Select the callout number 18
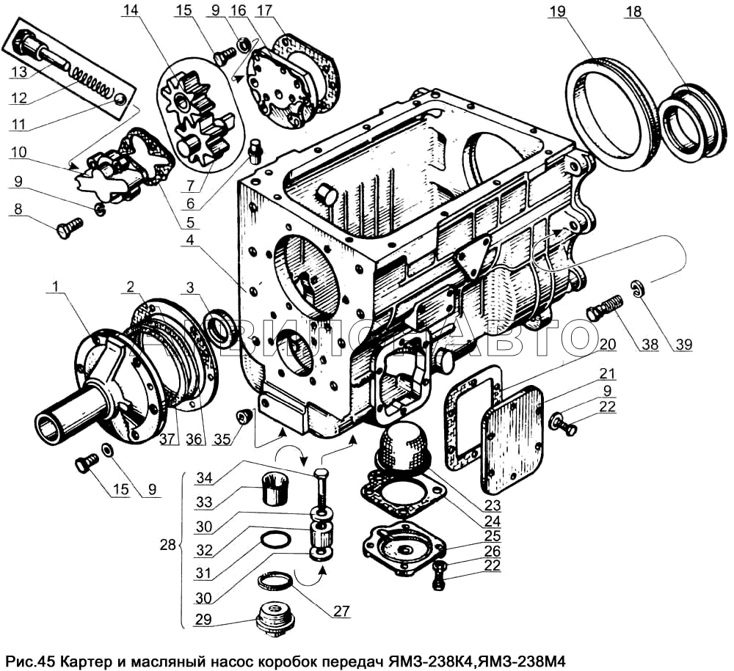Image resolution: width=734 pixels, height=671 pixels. tap(634, 12)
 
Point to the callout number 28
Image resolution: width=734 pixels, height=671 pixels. tap(169, 545)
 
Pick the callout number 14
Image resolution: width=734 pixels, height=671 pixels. tap(130, 12)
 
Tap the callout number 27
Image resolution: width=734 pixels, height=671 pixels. tap(340, 610)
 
